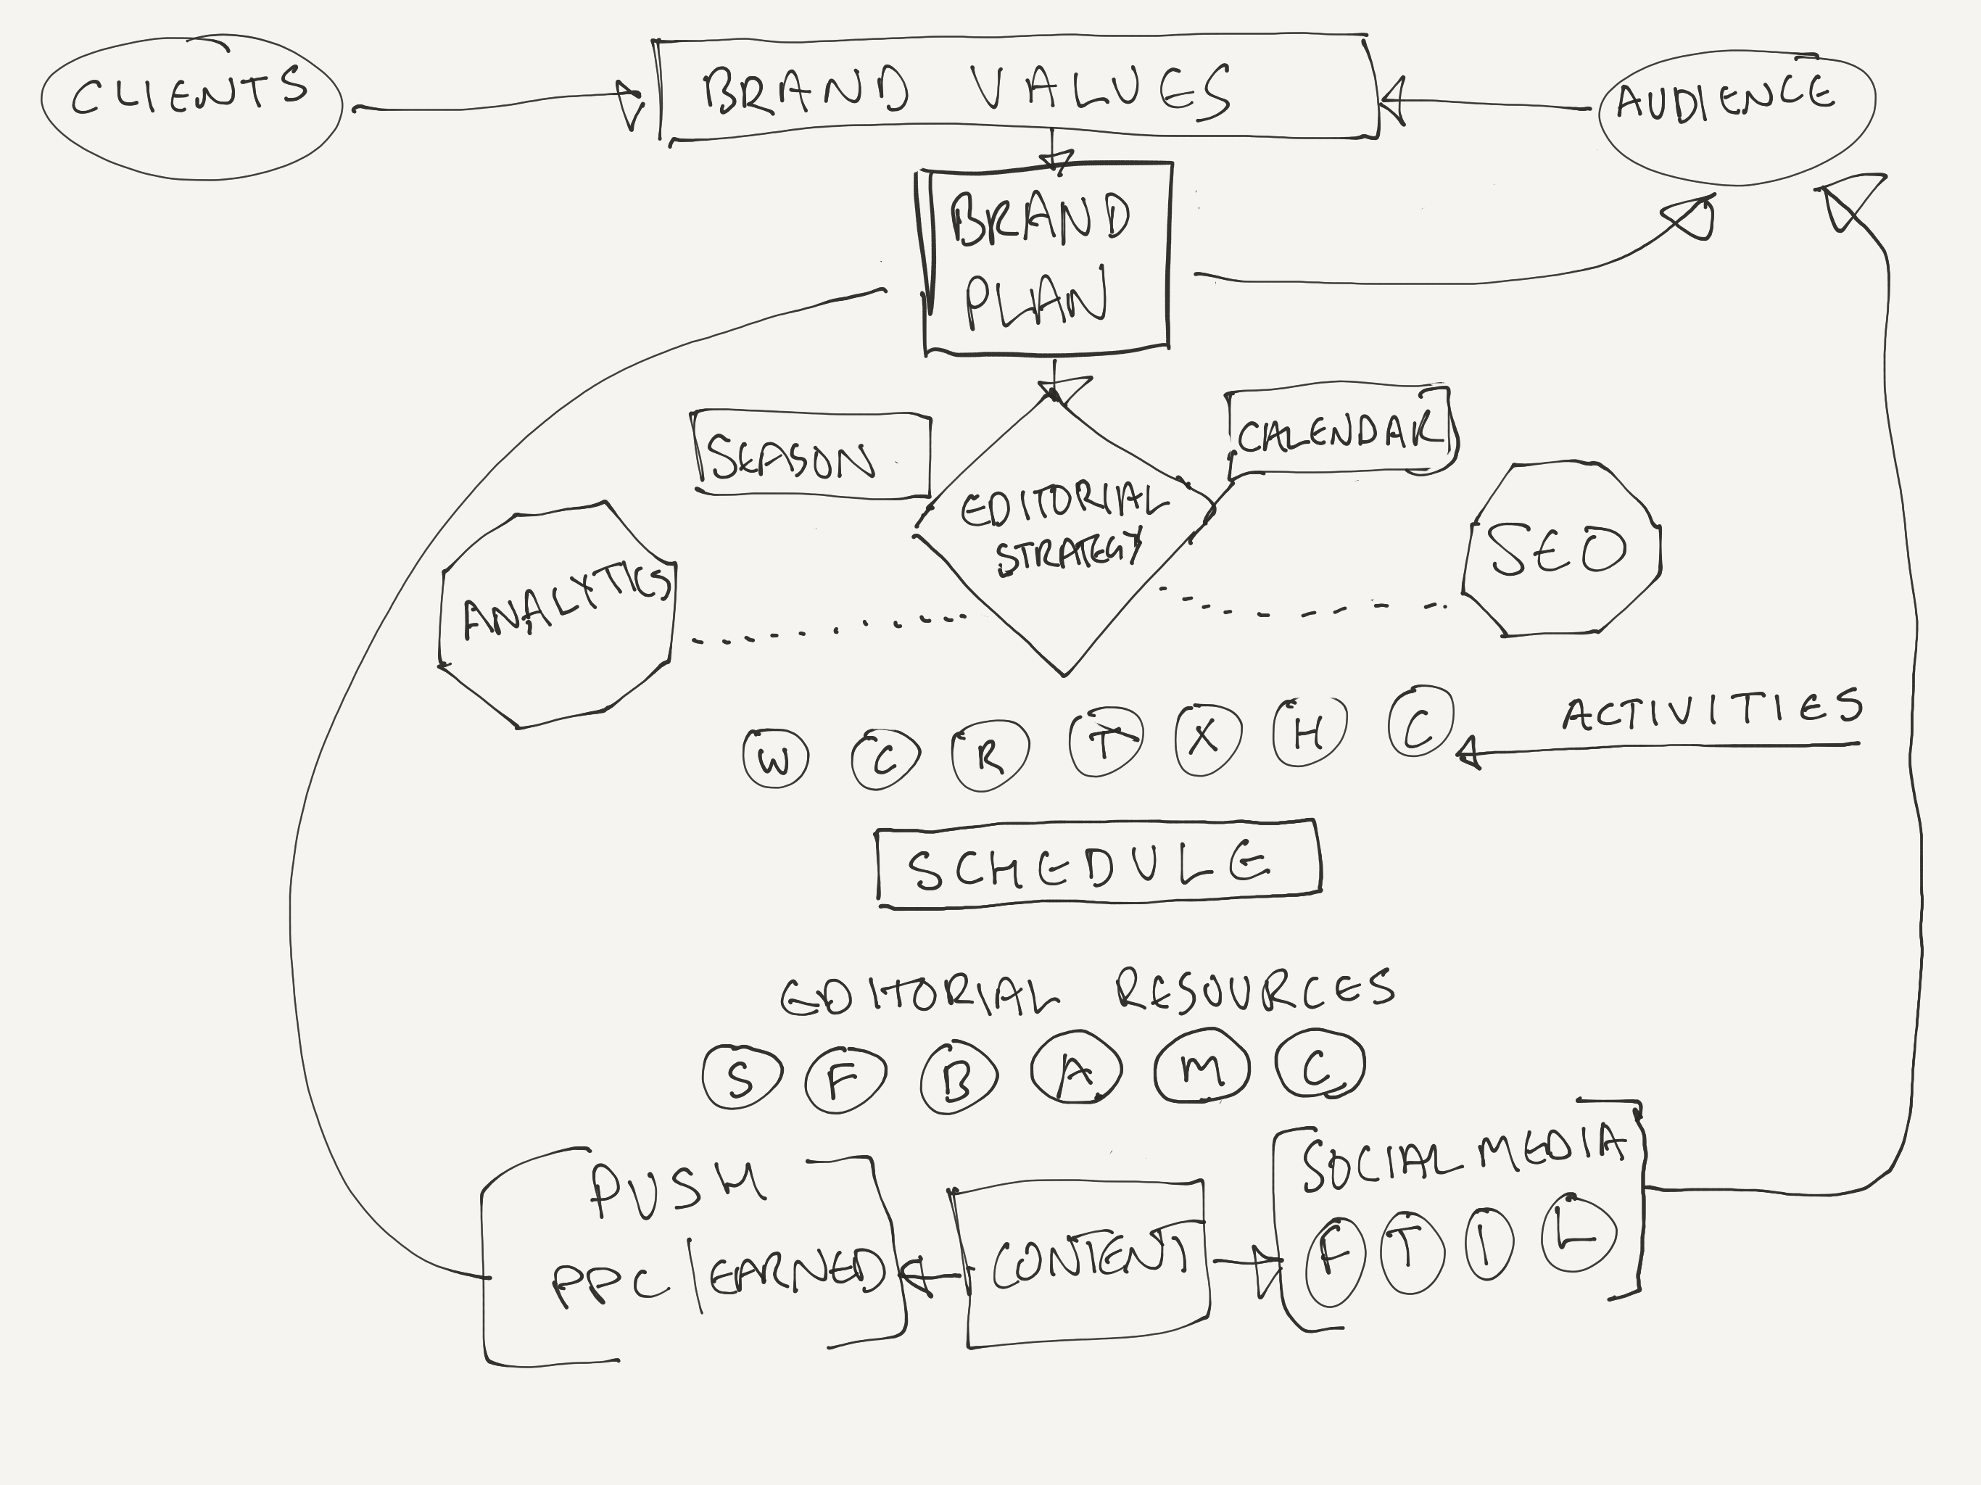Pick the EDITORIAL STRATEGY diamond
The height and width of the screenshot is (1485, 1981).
[1064, 533]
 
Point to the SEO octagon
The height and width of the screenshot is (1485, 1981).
[1560, 549]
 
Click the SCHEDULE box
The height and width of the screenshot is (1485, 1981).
[1098, 864]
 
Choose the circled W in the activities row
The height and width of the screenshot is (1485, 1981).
[776, 758]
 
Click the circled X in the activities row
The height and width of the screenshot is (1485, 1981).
[1207, 738]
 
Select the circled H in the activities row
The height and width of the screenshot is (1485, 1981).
[1308, 734]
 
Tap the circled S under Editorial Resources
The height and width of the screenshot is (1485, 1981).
[742, 1077]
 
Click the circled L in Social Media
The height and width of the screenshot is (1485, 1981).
[1578, 1233]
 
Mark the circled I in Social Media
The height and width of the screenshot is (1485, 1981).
[1489, 1246]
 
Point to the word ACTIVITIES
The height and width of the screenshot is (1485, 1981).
[1711, 711]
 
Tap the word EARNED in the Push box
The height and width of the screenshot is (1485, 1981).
[796, 1270]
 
